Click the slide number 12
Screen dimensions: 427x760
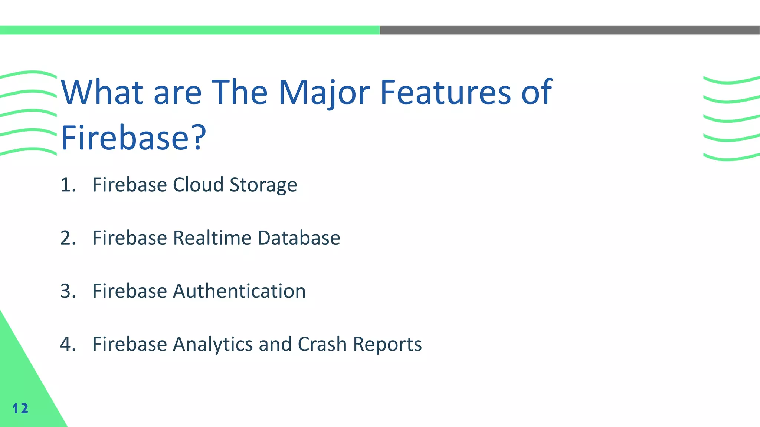pos(20,408)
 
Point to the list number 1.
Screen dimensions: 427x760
pos(68,185)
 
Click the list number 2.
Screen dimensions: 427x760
pos(68,238)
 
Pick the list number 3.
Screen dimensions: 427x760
pos(68,291)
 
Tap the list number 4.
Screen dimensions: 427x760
pos(68,344)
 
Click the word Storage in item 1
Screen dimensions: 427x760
pos(263,185)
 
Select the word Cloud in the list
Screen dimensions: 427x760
pos(198,185)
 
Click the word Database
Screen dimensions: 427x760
pos(299,238)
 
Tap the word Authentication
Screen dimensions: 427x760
pos(239,291)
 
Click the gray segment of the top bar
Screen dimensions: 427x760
pos(570,30)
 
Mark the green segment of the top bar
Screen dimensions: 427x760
pos(190,30)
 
